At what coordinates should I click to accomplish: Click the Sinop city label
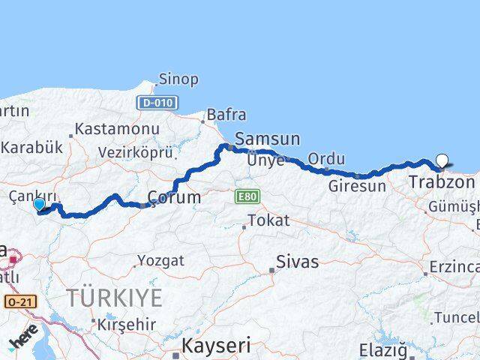(179, 79)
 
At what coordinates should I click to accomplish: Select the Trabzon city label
(442, 181)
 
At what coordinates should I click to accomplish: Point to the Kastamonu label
(117, 130)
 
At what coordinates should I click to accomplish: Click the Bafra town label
(226, 115)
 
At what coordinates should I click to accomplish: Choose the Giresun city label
(357, 185)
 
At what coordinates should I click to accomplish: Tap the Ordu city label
(326, 159)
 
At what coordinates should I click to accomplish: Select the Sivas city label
(297, 262)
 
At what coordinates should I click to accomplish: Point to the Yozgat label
(160, 260)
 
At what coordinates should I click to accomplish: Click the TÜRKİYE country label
(114, 298)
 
